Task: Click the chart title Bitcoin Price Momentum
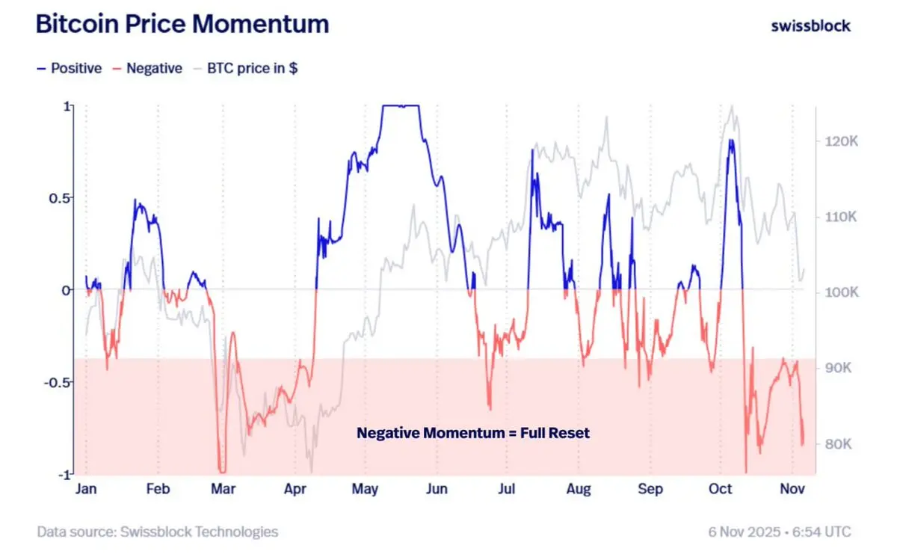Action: tap(182, 24)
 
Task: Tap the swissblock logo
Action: tap(810, 25)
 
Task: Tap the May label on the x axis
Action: tap(365, 489)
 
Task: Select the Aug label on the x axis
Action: tap(579, 489)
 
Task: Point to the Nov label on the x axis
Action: tap(792, 489)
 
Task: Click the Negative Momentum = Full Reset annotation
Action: tap(473, 433)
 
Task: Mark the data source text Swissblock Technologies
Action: tap(158, 532)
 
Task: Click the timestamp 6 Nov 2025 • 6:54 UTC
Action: tap(780, 532)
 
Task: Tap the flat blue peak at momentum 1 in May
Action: tap(400, 106)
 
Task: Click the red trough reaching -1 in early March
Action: tap(221, 470)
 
